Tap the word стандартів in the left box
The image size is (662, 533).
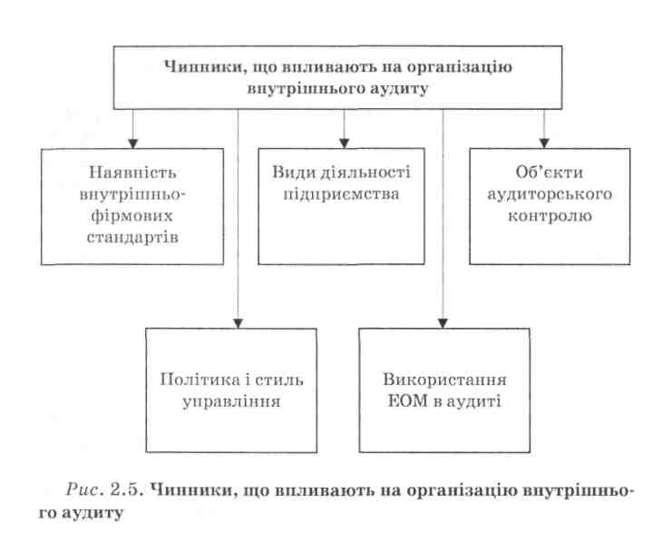pos(132,237)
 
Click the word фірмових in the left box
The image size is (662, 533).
pos(132,216)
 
